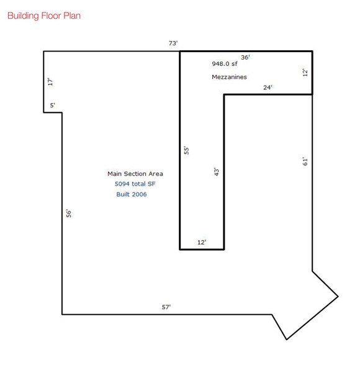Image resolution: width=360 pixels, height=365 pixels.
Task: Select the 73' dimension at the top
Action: tap(173, 43)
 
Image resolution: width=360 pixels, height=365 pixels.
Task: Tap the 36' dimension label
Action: tap(245, 57)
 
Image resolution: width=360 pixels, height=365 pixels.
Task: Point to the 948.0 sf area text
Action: tap(225, 63)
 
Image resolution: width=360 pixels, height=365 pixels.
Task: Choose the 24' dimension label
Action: tap(268, 88)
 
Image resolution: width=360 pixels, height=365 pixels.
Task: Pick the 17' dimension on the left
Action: tap(50, 81)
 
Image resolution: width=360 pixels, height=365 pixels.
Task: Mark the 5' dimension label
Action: tap(53, 106)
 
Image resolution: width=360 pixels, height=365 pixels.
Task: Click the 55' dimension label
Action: tap(186, 150)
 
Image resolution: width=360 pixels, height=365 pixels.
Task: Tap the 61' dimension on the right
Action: tap(305, 161)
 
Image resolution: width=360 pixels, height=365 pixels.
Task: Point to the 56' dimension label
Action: tap(69, 213)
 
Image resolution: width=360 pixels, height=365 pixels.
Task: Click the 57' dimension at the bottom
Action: tap(166, 307)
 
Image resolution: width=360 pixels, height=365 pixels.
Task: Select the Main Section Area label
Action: tap(135, 174)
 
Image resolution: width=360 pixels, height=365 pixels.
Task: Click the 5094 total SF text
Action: tap(135, 184)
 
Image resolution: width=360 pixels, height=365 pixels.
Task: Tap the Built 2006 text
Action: tap(132, 194)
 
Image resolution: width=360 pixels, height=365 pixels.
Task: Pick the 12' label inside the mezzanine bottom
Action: tap(201, 242)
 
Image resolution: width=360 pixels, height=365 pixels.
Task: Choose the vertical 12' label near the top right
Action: tap(305, 73)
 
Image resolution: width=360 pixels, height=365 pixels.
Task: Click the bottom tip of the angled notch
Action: tap(286, 340)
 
